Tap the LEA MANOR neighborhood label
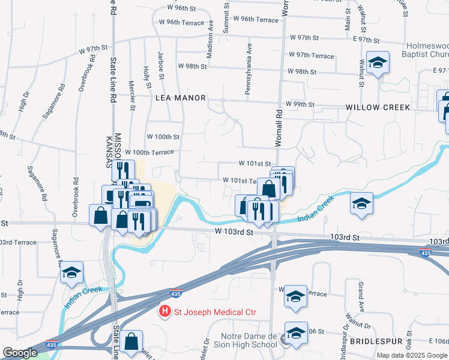[181, 97]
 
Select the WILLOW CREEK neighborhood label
[378, 107]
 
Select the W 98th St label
[302, 71]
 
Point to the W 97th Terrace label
[311, 55]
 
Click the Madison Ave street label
[210, 40]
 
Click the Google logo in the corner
[20, 353]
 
